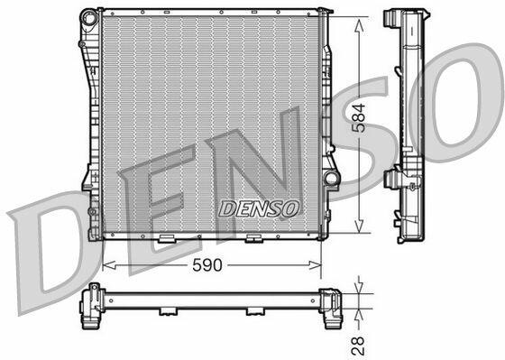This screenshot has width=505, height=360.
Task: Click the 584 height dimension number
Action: pyautogui.click(x=359, y=118)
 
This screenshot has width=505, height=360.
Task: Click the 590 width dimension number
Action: pyautogui.click(x=207, y=265)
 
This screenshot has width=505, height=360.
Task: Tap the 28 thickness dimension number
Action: pyautogui.click(x=358, y=346)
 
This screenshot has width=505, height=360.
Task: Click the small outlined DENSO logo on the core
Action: pyautogui.click(x=259, y=208)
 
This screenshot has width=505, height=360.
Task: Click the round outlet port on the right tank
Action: pyautogui.click(x=331, y=179)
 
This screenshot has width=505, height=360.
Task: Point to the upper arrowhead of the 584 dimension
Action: pyautogui.click(x=359, y=25)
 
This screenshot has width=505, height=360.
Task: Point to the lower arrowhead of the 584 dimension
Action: pyautogui.click(x=359, y=226)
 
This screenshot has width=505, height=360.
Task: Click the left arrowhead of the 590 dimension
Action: pyautogui.click(x=109, y=265)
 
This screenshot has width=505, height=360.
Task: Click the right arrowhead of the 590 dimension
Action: pyautogui.click(x=315, y=265)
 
